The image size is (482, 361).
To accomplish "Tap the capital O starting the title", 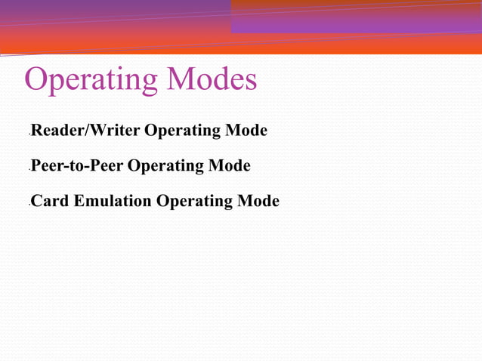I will pos(37,79).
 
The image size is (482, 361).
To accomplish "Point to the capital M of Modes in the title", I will pos(181,79).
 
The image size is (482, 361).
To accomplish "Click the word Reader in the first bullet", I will pos(60,131).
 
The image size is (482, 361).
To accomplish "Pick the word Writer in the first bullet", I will pos(116,131).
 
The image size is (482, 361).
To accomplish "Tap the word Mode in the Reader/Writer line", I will pos(246,131).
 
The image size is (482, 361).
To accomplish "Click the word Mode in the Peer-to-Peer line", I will pos(230,165).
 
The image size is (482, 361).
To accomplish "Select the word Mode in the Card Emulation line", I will pos(258,201).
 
